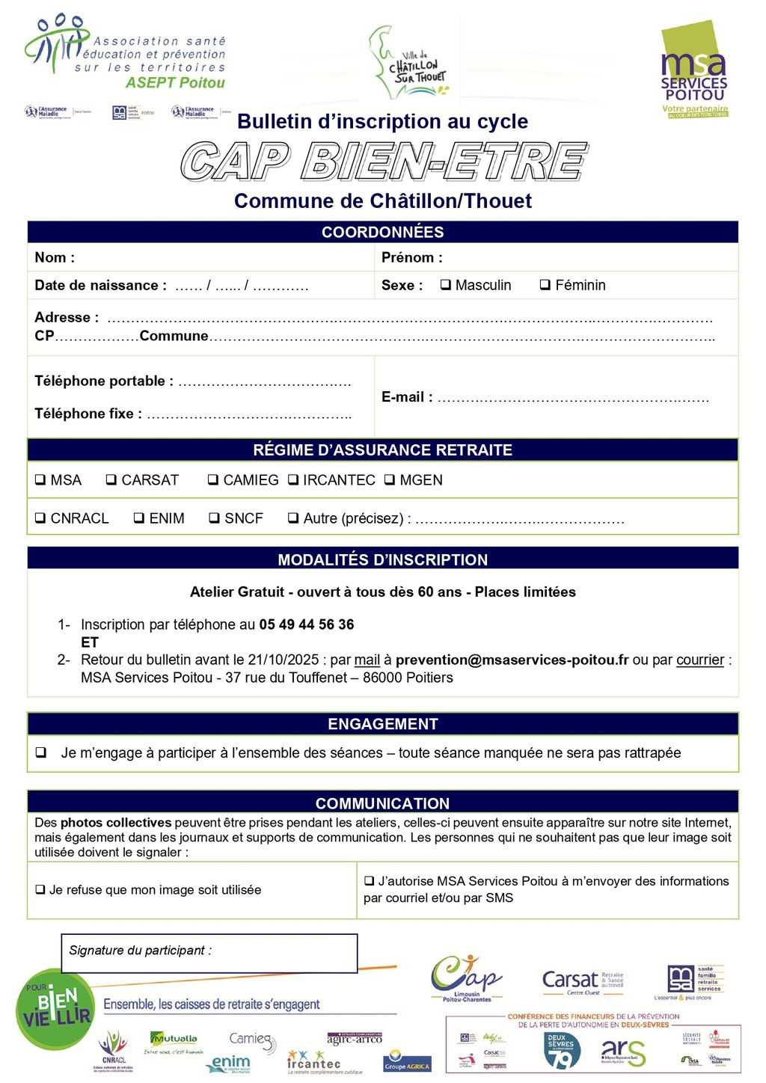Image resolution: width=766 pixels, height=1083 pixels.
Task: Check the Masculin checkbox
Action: [446, 285]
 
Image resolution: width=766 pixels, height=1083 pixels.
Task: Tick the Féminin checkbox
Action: [545, 285]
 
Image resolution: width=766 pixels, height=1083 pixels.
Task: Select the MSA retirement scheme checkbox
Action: [40, 480]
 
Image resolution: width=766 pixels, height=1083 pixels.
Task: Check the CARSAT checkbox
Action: [111, 480]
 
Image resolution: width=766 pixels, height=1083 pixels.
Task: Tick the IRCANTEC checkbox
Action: [293, 480]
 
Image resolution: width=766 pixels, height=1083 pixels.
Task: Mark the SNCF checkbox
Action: [215, 518]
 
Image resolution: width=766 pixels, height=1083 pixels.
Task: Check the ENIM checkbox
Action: [139, 518]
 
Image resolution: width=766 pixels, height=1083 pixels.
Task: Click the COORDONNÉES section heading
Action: [382, 232]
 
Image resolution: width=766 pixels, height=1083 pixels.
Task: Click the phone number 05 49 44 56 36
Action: [306, 625]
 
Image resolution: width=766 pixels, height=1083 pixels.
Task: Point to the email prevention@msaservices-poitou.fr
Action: [512, 660]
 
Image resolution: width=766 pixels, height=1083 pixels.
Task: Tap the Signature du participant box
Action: [209, 953]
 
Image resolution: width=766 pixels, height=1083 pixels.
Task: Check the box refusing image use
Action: [40, 890]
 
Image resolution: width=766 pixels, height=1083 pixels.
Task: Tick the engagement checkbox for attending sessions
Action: [40, 752]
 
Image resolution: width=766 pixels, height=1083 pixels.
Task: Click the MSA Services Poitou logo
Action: [694, 71]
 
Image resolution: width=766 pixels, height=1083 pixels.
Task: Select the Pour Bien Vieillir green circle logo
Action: [55, 1009]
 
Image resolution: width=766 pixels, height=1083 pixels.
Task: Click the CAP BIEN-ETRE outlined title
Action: [383, 161]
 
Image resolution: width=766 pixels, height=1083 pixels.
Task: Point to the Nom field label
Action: [55, 258]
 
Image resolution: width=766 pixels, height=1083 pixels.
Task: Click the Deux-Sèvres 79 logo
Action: [562, 1051]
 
